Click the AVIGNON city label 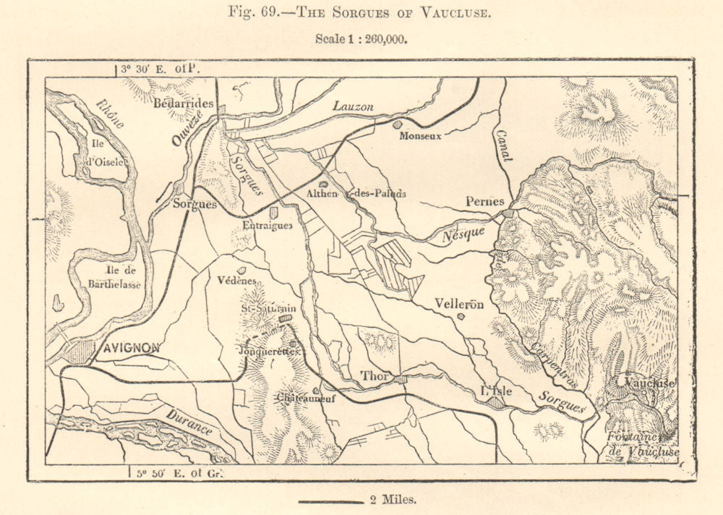[130, 348]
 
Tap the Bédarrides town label [184, 103]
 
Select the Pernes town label [484, 202]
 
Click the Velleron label [460, 304]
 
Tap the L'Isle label [497, 391]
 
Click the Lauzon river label [353, 106]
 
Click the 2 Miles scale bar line [330, 501]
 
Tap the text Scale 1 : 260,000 [361, 39]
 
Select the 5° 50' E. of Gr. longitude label [178, 473]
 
